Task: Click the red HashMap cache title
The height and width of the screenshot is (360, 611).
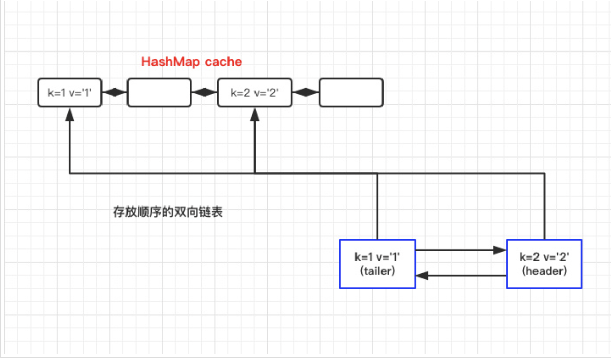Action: coord(191,62)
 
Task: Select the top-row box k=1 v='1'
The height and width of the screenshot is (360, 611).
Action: coord(69,92)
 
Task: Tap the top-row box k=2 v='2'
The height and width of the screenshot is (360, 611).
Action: coord(254,92)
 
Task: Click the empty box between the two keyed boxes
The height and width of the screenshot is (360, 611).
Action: coord(159,92)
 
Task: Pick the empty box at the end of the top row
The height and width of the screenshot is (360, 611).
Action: coord(351,92)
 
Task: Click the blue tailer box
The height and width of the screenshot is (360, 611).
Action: coord(377,264)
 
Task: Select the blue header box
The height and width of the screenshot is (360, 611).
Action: coord(544,264)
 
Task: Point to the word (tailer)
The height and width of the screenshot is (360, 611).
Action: coord(377,271)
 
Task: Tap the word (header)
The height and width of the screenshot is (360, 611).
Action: coord(544,271)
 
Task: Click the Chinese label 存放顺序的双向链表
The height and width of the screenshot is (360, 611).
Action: coord(168,212)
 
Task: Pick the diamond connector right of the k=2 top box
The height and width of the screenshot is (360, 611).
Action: coord(306,92)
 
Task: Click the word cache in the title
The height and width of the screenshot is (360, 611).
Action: coord(223,62)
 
